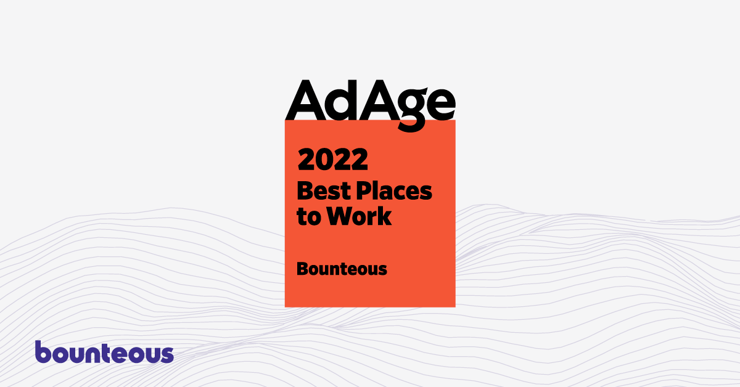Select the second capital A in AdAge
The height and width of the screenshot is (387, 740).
click(379, 100)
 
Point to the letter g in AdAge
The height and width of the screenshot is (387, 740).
click(413, 110)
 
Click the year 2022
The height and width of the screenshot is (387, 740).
click(332, 159)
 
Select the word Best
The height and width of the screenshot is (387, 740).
click(324, 191)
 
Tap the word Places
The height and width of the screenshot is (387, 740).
click(394, 191)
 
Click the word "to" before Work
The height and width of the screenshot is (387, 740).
click(309, 217)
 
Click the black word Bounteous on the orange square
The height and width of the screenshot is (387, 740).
click(342, 269)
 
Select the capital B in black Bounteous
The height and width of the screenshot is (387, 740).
click(302, 269)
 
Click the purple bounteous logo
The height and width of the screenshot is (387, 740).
click(104, 352)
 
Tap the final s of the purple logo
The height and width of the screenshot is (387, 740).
click(166, 354)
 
